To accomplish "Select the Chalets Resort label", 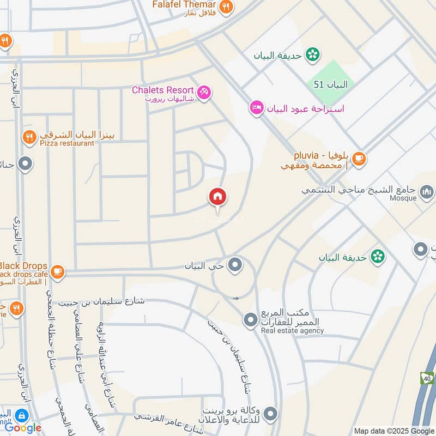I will [x=163, y=90].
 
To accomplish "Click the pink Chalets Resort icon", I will [x=204, y=92].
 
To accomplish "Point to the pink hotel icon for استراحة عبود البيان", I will [x=256, y=107].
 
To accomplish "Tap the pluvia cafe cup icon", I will [x=358, y=159].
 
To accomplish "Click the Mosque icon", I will [x=427, y=191].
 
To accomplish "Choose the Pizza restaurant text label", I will [x=66, y=143].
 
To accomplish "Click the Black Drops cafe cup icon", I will [x=57, y=270].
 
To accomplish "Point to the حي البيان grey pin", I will [x=235, y=265].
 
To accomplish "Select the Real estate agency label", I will [x=292, y=330].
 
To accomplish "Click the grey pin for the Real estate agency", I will [x=250, y=320].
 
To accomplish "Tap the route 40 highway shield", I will [x=427, y=377].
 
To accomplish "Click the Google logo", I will [x=23, y=428].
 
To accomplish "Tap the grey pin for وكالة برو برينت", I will [x=270, y=413].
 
